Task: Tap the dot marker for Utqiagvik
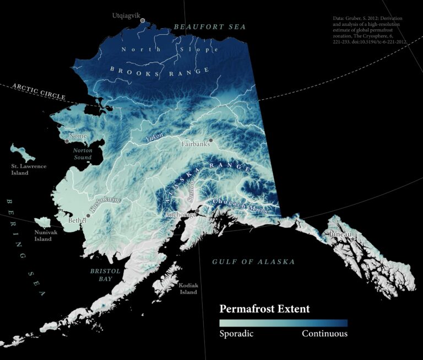click(x=143, y=20)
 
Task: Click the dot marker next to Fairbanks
click(x=210, y=141)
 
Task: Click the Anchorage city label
click(x=180, y=214)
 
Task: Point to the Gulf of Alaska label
click(x=253, y=262)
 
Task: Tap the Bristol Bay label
click(x=102, y=275)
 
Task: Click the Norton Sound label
click(x=83, y=153)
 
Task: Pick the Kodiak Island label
click(x=187, y=288)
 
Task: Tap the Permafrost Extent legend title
click(x=264, y=309)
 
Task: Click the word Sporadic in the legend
click(x=236, y=334)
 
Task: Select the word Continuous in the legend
click(x=324, y=334)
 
